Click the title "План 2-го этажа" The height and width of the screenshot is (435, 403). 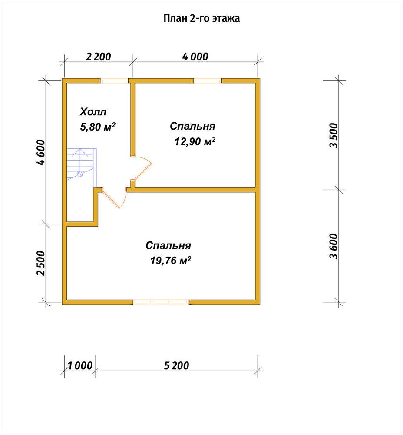tap(201, 18)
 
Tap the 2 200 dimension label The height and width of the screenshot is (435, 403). tap(98, 57)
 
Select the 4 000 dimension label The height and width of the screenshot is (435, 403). tap(195, 57)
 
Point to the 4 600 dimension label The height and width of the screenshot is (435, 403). tap(40, 152)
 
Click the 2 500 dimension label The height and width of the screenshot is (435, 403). tap(40, 263)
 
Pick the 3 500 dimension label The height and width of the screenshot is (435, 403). tap(334, 135)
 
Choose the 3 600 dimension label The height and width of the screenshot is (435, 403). tap(334, 246)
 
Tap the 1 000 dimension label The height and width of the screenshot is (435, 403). tap(80, 366)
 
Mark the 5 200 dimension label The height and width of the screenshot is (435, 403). tap(176, 366)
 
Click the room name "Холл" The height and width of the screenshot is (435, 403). tap(93, 112)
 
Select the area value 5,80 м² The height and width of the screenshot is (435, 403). tap(98, 127)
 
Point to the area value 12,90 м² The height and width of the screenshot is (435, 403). tap(195, 142)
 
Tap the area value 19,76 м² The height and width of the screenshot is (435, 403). tap(171, 261)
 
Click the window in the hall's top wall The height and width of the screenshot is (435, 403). tap(114, 81)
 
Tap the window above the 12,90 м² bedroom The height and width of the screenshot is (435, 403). tap(208, 81)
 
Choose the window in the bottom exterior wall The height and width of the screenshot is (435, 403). tap(161, 302)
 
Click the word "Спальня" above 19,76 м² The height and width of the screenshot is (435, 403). tap(168, 245)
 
